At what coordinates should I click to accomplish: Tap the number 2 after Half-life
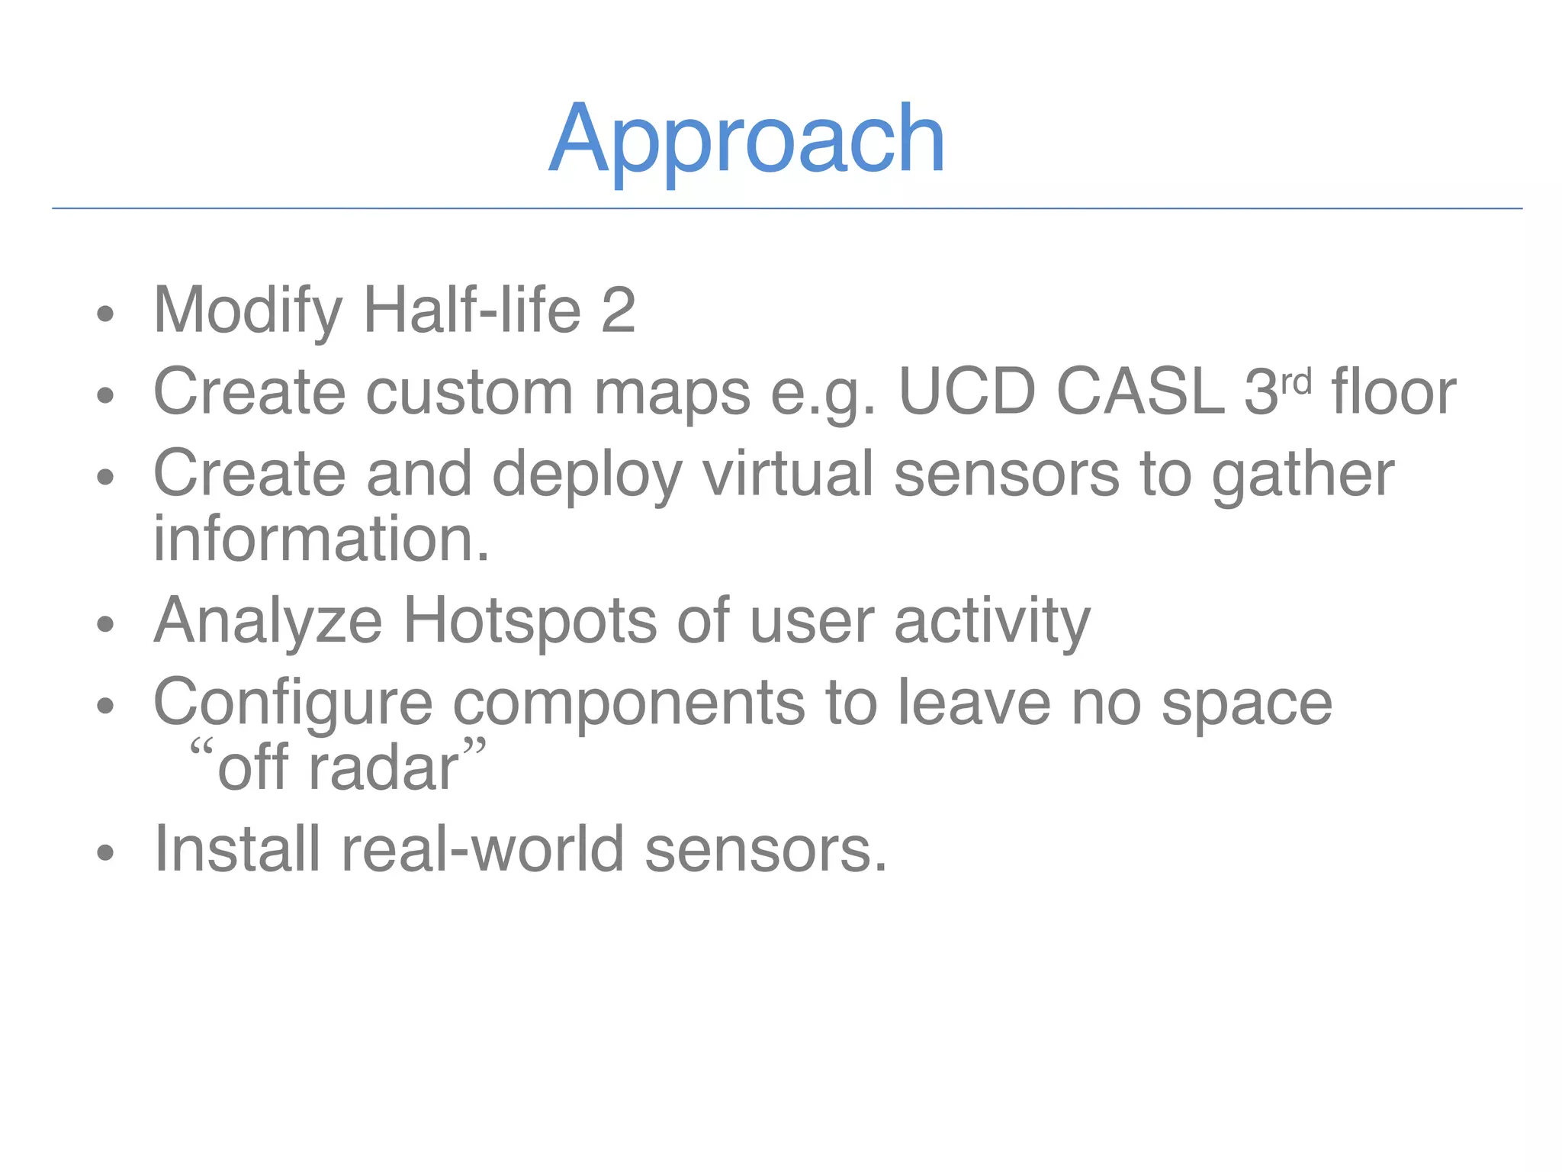tap(618, 311)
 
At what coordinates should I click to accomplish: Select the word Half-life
tap(472, 311)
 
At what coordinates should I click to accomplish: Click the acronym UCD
tap(967, 391)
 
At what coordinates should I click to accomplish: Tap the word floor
tap(1393, 391)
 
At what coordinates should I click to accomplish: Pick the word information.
tap(320, 539)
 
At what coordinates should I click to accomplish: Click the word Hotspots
tap(529, 620)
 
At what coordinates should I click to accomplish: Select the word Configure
tap(293, 703)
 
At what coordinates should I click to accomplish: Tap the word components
tap(628, 703)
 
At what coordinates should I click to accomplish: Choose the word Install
tap(237, 848)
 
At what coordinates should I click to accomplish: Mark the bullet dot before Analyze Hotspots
tap(105, 625)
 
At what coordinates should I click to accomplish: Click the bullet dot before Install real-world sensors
tap(105, 853)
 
